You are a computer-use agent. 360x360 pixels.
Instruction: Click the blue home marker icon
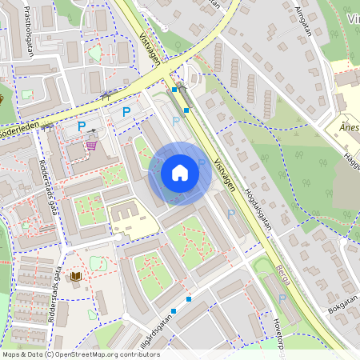[x=179, y=173]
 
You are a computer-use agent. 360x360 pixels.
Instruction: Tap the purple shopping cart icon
[x=92, y=146]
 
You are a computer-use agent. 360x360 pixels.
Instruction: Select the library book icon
[x=77, y=277]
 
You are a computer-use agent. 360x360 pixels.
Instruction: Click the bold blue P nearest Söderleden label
[x=81, y=126]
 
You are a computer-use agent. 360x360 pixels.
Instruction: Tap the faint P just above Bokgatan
[x=282, y=298]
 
